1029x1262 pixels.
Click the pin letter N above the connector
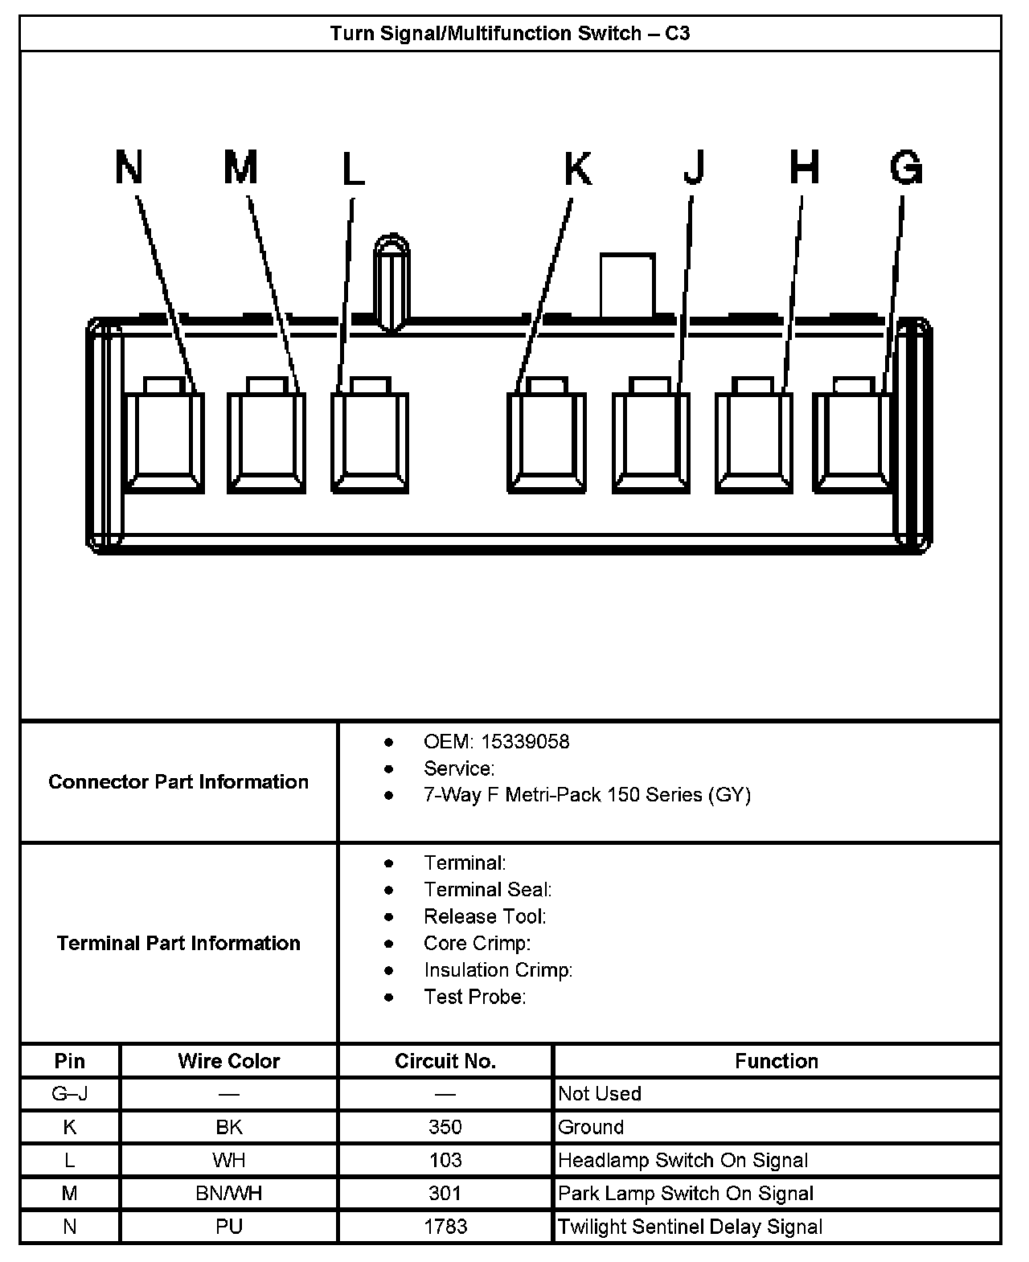pos(129,167)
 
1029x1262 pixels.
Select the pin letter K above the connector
pos(577,169)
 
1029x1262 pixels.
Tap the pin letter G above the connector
pos(906,168)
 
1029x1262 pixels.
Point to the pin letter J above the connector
pos(694,167)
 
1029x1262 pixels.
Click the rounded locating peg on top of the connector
pos(392,281)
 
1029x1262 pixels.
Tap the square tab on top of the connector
pos(627,285)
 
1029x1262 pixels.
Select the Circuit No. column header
pos(445,1061)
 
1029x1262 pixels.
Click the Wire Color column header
pos(229,1061)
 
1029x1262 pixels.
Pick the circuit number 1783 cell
pos(445,1227)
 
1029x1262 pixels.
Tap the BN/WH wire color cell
pos(229,1194)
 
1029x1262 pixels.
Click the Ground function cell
pos(591,1127)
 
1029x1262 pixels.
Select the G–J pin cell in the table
pos(70,1094)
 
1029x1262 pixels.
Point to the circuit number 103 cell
pos(445,1160)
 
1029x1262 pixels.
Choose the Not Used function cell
pos(600,1094)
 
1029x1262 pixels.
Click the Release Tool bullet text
pos(485,916)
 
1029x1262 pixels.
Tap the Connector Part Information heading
pos(178,781)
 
